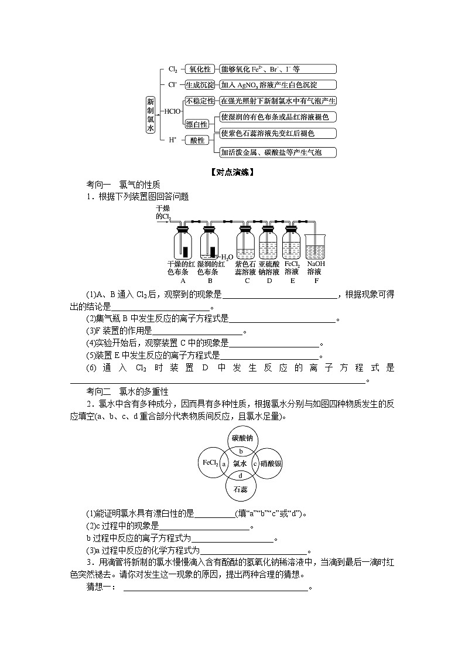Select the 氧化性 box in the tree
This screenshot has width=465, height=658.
coord(199,69)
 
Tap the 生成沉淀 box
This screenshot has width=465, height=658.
coord(199,84)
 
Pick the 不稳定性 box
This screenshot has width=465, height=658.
coord(200,101)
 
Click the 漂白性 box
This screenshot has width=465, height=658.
coord(197,124)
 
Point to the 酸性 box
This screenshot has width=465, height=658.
coord(197,141)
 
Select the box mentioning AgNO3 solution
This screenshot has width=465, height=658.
coord(278,84)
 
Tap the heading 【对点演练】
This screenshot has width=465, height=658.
coord(232,172)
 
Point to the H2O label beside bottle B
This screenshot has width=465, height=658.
coord(227,257)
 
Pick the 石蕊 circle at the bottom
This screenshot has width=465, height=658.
coord(241,487)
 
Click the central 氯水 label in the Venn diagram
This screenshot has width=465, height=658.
coord(241,463)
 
